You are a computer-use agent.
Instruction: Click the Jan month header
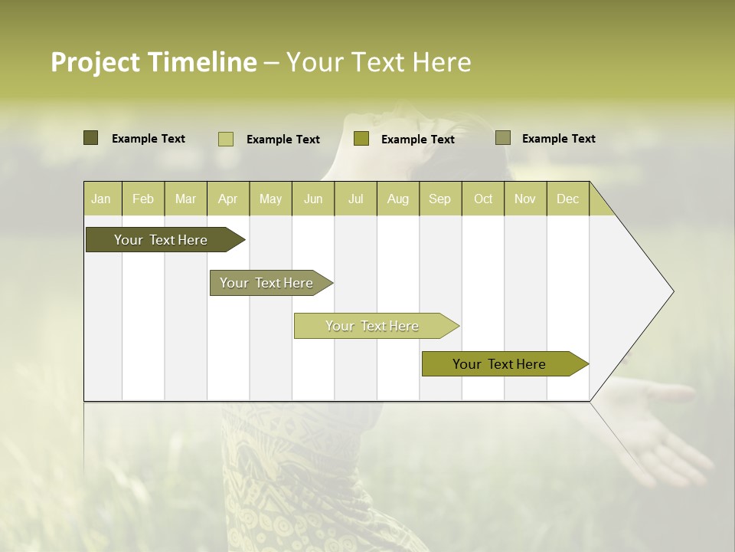101,199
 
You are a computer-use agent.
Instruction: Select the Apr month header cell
227,199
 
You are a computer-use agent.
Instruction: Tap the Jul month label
355,199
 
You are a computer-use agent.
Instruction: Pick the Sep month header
439,199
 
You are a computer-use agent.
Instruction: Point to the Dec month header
567,199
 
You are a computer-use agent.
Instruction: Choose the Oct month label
483,199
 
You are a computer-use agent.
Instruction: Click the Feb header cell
143,199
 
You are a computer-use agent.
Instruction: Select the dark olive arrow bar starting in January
161,240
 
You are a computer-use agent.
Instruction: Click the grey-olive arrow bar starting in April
266,283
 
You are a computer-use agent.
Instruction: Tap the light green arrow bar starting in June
372,326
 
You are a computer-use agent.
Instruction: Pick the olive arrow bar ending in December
499,364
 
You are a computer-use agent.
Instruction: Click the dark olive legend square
91,138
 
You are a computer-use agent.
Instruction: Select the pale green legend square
226,139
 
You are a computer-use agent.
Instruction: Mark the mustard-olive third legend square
361,139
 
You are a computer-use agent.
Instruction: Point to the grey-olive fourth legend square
503,138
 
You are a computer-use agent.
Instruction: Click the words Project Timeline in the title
153,62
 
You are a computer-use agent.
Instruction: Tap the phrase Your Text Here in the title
378,62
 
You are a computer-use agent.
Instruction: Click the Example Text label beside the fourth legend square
558,139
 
